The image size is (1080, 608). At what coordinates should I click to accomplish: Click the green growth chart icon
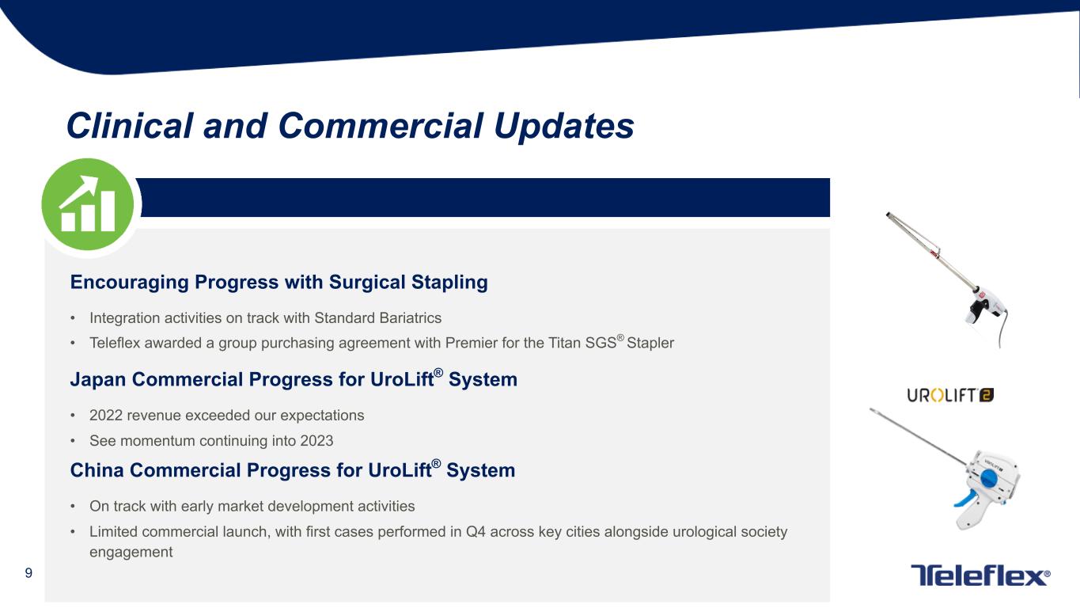pos(87,204)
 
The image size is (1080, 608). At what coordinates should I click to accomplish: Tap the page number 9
pos(28,573)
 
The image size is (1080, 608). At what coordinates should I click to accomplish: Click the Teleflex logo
pos(980,575)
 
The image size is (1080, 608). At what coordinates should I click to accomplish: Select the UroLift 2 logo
pos(949,395)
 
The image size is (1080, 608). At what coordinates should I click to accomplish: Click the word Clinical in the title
pos(130,125)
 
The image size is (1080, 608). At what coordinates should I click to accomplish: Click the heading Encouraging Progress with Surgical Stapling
pos(279,282)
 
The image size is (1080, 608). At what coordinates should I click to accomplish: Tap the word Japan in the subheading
pos(98,379)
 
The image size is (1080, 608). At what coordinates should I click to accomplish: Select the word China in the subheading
pos(97,470)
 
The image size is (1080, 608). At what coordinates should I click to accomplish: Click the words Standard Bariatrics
pos(377,317)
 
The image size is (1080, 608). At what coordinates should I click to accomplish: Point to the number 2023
pos(316,440)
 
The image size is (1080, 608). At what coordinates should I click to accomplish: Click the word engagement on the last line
pos(131,552)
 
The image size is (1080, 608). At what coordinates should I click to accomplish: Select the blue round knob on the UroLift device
pos(988,478)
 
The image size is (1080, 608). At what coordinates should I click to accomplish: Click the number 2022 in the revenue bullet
pos(106,415)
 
